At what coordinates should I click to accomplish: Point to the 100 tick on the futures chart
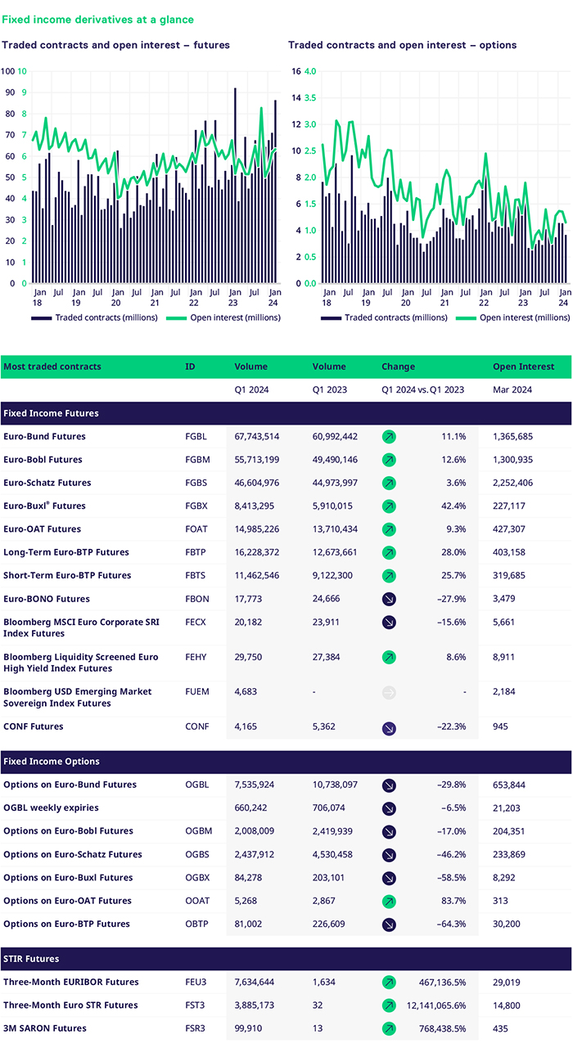tap(8, 71)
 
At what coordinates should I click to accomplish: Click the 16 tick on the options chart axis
tap(296, 71)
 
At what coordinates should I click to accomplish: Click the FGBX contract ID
tap(196, 506)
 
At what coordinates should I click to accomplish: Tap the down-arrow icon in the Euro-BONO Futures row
tap(390, 599)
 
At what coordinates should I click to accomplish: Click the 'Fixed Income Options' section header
tap(52, 762)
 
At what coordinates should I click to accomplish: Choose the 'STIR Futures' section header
tap(31, 959)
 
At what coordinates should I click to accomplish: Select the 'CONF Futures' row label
tap(34, 726)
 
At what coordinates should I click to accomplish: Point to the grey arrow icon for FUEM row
tap(390, 692)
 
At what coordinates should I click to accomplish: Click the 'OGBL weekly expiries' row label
tap(51, 808)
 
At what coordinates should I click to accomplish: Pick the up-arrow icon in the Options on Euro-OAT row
tap(390, 901)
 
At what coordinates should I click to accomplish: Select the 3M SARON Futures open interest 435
tap(502, 1028)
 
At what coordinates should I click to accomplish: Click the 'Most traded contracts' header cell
tap(52, 367)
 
